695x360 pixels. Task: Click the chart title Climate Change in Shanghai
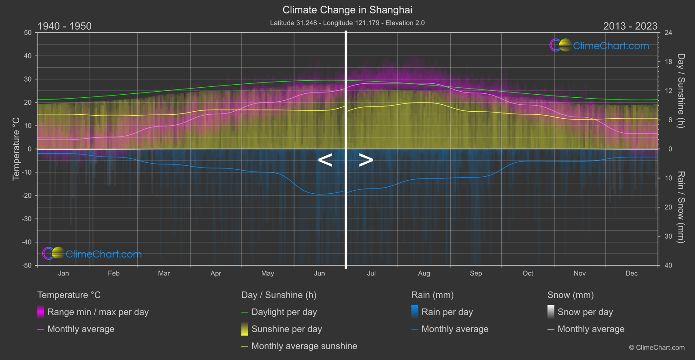coord(347,10)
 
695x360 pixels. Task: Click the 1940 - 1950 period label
coord(65,26)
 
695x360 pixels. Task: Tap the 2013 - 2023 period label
coord(630,26)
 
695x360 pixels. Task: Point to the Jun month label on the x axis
coord(319,274)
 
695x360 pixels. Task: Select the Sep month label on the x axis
coord(476,274)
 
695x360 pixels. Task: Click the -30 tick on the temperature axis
coord(27,219)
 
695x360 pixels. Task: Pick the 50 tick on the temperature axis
coord(28,33)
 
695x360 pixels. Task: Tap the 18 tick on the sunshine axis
coord(668,62)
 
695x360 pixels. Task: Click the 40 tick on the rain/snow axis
coord(668,265)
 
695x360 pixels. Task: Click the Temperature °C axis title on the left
coord(16,149)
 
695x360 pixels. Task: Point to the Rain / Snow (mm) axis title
coord(681,207)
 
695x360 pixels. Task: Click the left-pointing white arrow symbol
coord(325,160)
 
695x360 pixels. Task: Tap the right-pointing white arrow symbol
coord(366,160)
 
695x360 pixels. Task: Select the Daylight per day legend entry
coord(284,312)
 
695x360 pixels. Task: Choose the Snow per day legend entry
coord(585,312)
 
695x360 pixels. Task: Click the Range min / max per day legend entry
coord(98,312)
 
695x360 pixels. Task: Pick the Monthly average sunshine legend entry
coord(304,346)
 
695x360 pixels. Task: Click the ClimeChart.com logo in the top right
coord(600,45)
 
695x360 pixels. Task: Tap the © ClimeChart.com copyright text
coord(657,348)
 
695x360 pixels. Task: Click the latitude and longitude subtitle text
coord(347,23)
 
